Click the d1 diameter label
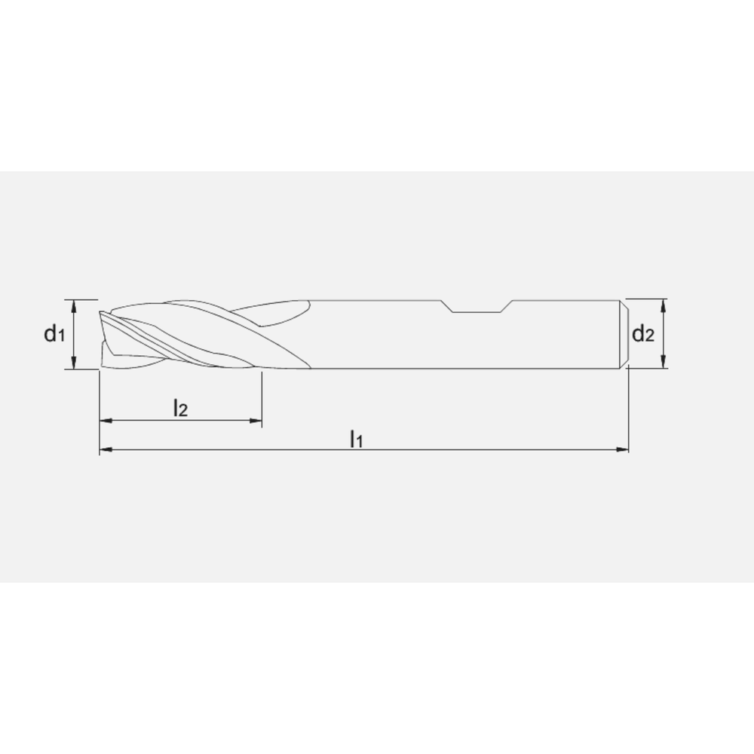(54, 333)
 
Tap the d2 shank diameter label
(642, 333)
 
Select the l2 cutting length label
(179, 409)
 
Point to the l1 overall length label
(356, 438)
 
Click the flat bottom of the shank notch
(479, 311)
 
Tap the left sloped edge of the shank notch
(448, 305)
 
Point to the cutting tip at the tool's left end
(102, 332)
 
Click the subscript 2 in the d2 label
(649, 336)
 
